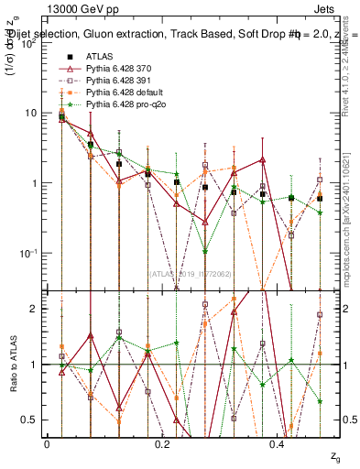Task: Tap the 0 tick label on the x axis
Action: pos(47,443)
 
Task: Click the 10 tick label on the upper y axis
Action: pos(29,113)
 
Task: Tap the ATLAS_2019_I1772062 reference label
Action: pos(190,272)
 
